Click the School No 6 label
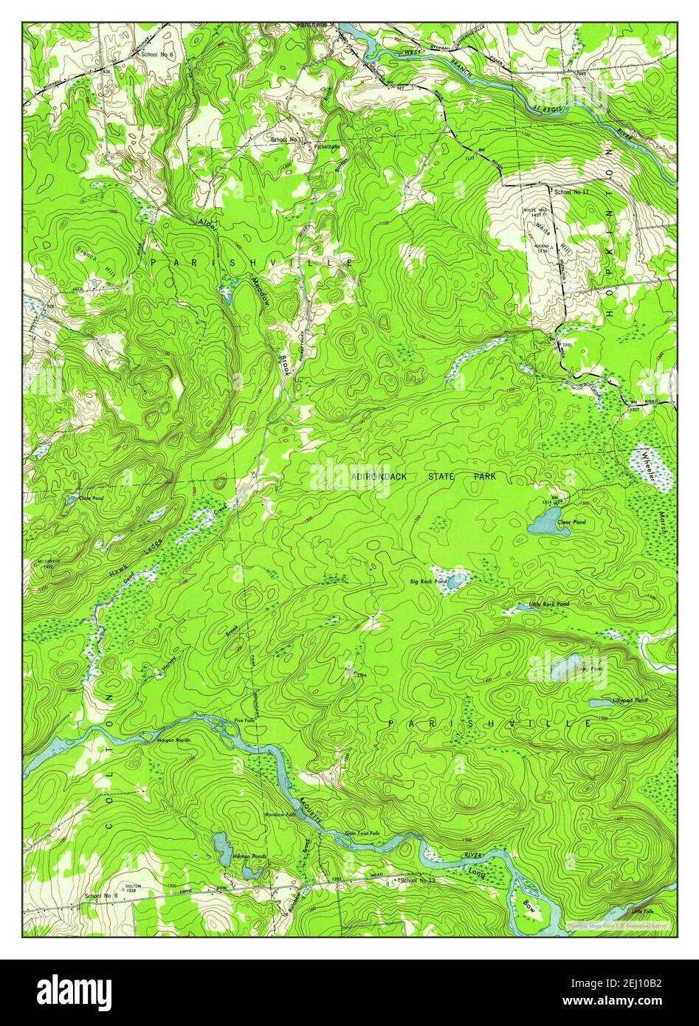coord(157,55)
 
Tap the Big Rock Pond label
coord(428,582)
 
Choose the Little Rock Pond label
coord(548,605)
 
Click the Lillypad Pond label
coord(630,700)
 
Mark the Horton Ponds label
coord(249,857)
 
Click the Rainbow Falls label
coord(280,814)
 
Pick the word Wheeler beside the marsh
coord(649,465)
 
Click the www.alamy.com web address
coord(633,1002)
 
